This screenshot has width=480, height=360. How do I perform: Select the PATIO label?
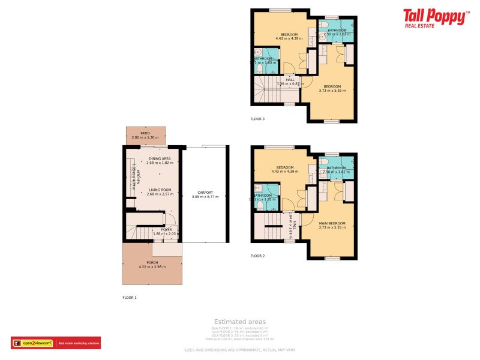[x=145, y=133]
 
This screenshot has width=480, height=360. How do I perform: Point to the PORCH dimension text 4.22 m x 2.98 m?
[x=152, y=266]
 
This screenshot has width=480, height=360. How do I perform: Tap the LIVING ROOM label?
[x=160, y=190]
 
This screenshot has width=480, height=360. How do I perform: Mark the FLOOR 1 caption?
[x=130, y=298]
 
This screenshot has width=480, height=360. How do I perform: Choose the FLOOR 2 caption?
[x=257, y=256]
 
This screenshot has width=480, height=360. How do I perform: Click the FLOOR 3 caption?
[x=257, y=119]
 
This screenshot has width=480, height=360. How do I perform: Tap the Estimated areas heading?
[x=239, y=322]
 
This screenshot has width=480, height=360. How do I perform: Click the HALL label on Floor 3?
[x=290, y=79]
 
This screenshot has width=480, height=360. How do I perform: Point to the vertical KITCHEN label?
[x=137, y=177]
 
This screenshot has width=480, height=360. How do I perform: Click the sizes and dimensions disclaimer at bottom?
[x=239, y=350]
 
